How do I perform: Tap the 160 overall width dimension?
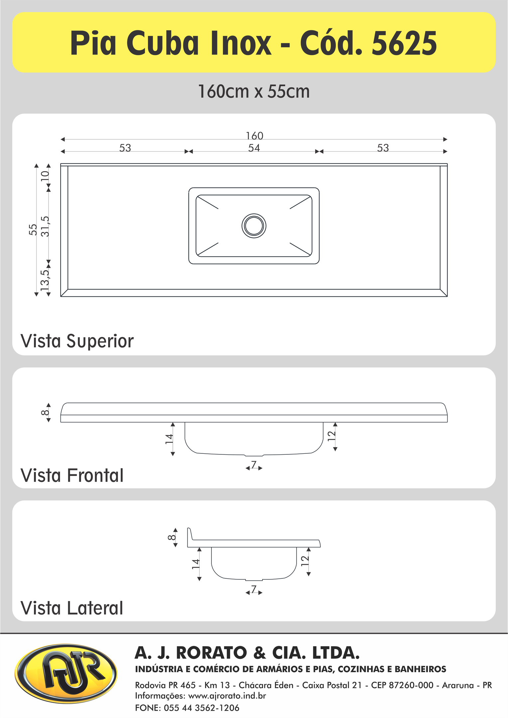click(x=254, y=136)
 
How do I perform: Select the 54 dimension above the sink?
click(x=254, y=148)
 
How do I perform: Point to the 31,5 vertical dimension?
click(x=45, y=226)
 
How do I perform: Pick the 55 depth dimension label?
click(x=33, y=229)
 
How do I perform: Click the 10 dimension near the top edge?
click(x=45, y=176)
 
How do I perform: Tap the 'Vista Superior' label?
click(x=77, y=341)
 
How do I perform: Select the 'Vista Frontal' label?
click(x=72, y=475)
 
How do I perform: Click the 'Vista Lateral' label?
click(x=72, y=608)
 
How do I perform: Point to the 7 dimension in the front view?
click(x=254, y=465)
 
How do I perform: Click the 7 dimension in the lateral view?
click(x=254, y=589)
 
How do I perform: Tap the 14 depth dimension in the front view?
click(x=169, y=439)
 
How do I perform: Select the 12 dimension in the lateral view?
click(x=305, y=561)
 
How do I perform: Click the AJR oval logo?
click(x=66, y=673)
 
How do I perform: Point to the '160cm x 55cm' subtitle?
click(x=254, y=91)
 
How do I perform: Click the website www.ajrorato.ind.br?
click(x=227, y=696)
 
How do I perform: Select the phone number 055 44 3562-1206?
click(x=201, y=708)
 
